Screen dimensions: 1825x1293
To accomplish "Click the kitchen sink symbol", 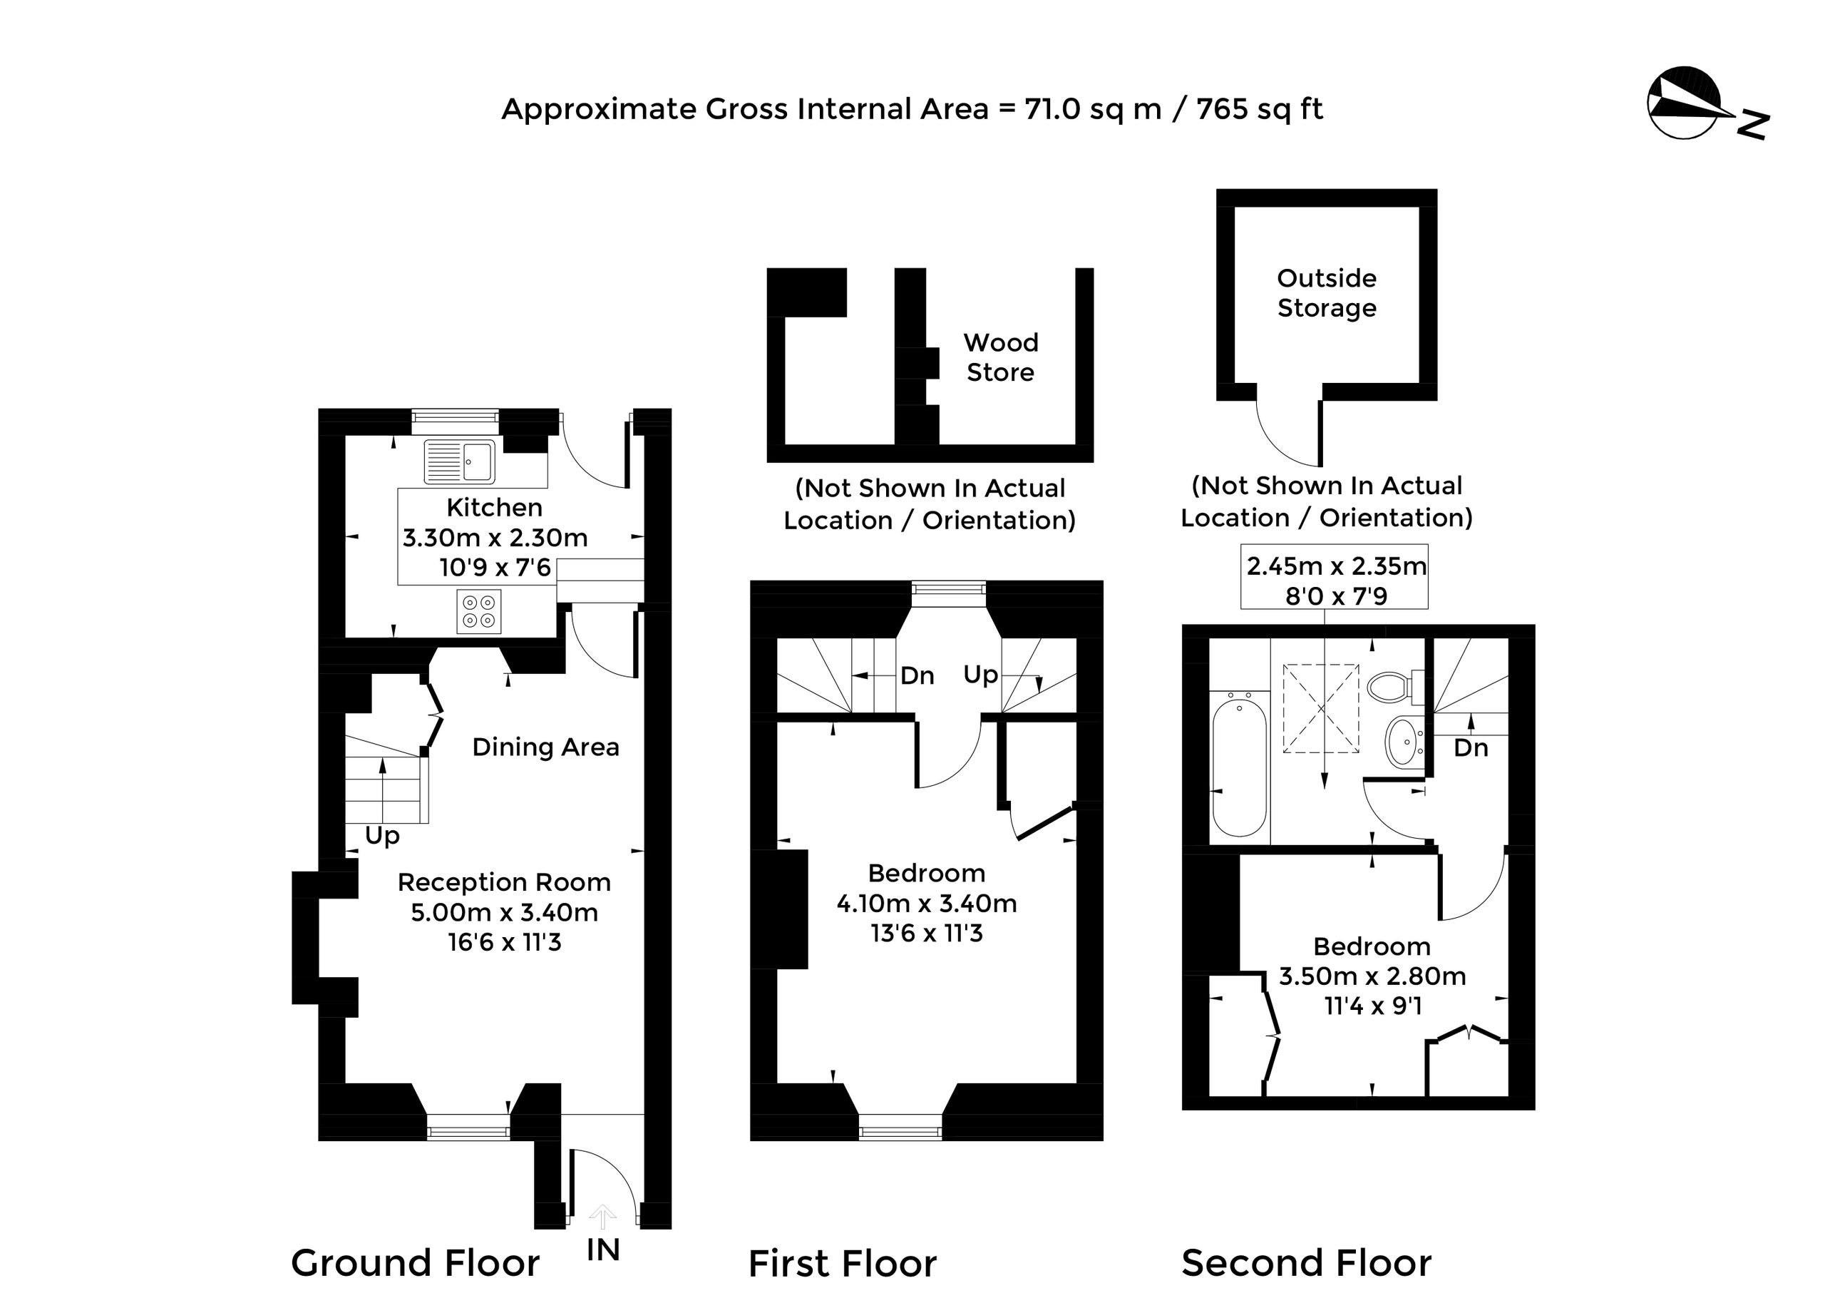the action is pos(459,461).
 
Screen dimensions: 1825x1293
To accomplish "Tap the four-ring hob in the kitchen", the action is pos(479,611).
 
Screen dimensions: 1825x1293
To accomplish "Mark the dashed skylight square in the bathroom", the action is pos(1321,709).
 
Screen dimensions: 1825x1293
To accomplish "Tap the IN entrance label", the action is pos(602,1250).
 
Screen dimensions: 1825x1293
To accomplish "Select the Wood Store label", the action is pos(1000,357).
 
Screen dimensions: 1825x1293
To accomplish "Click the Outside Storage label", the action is pos(1327,292).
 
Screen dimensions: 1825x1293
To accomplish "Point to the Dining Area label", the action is pos(545,747).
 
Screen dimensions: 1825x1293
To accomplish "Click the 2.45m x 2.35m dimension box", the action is pos(1335,576).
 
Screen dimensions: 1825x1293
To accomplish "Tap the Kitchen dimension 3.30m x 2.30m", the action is pos(495,538).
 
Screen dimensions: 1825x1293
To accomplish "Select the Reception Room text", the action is pos(504,882).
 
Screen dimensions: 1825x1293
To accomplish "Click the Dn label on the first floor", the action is pos(917,676).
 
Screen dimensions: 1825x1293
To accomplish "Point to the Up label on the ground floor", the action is pos(382,836).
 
